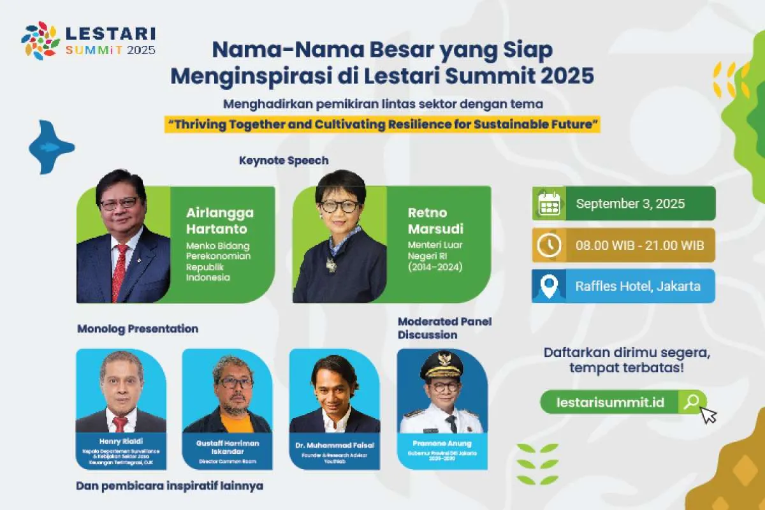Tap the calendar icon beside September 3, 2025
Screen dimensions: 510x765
[x=549, y=203]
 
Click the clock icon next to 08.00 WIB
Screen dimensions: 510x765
[x=549, y=245]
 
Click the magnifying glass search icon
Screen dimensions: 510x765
[x=691, y=402]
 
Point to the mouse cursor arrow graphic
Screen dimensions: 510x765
[x=708, y=415]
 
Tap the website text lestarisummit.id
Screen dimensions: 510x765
[x=610, y=402]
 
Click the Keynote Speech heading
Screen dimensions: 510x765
[x=284, y=161]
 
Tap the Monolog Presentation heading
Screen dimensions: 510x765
[x=137, y=329]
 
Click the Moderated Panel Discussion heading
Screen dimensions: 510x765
[x=444, y=328]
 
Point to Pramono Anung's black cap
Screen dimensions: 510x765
[x=442, y=361]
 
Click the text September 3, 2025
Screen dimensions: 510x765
[x=630, y=203]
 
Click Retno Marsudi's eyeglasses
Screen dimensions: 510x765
[x=339, y=206]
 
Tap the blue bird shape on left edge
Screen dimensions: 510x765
[x=50, y=147]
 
